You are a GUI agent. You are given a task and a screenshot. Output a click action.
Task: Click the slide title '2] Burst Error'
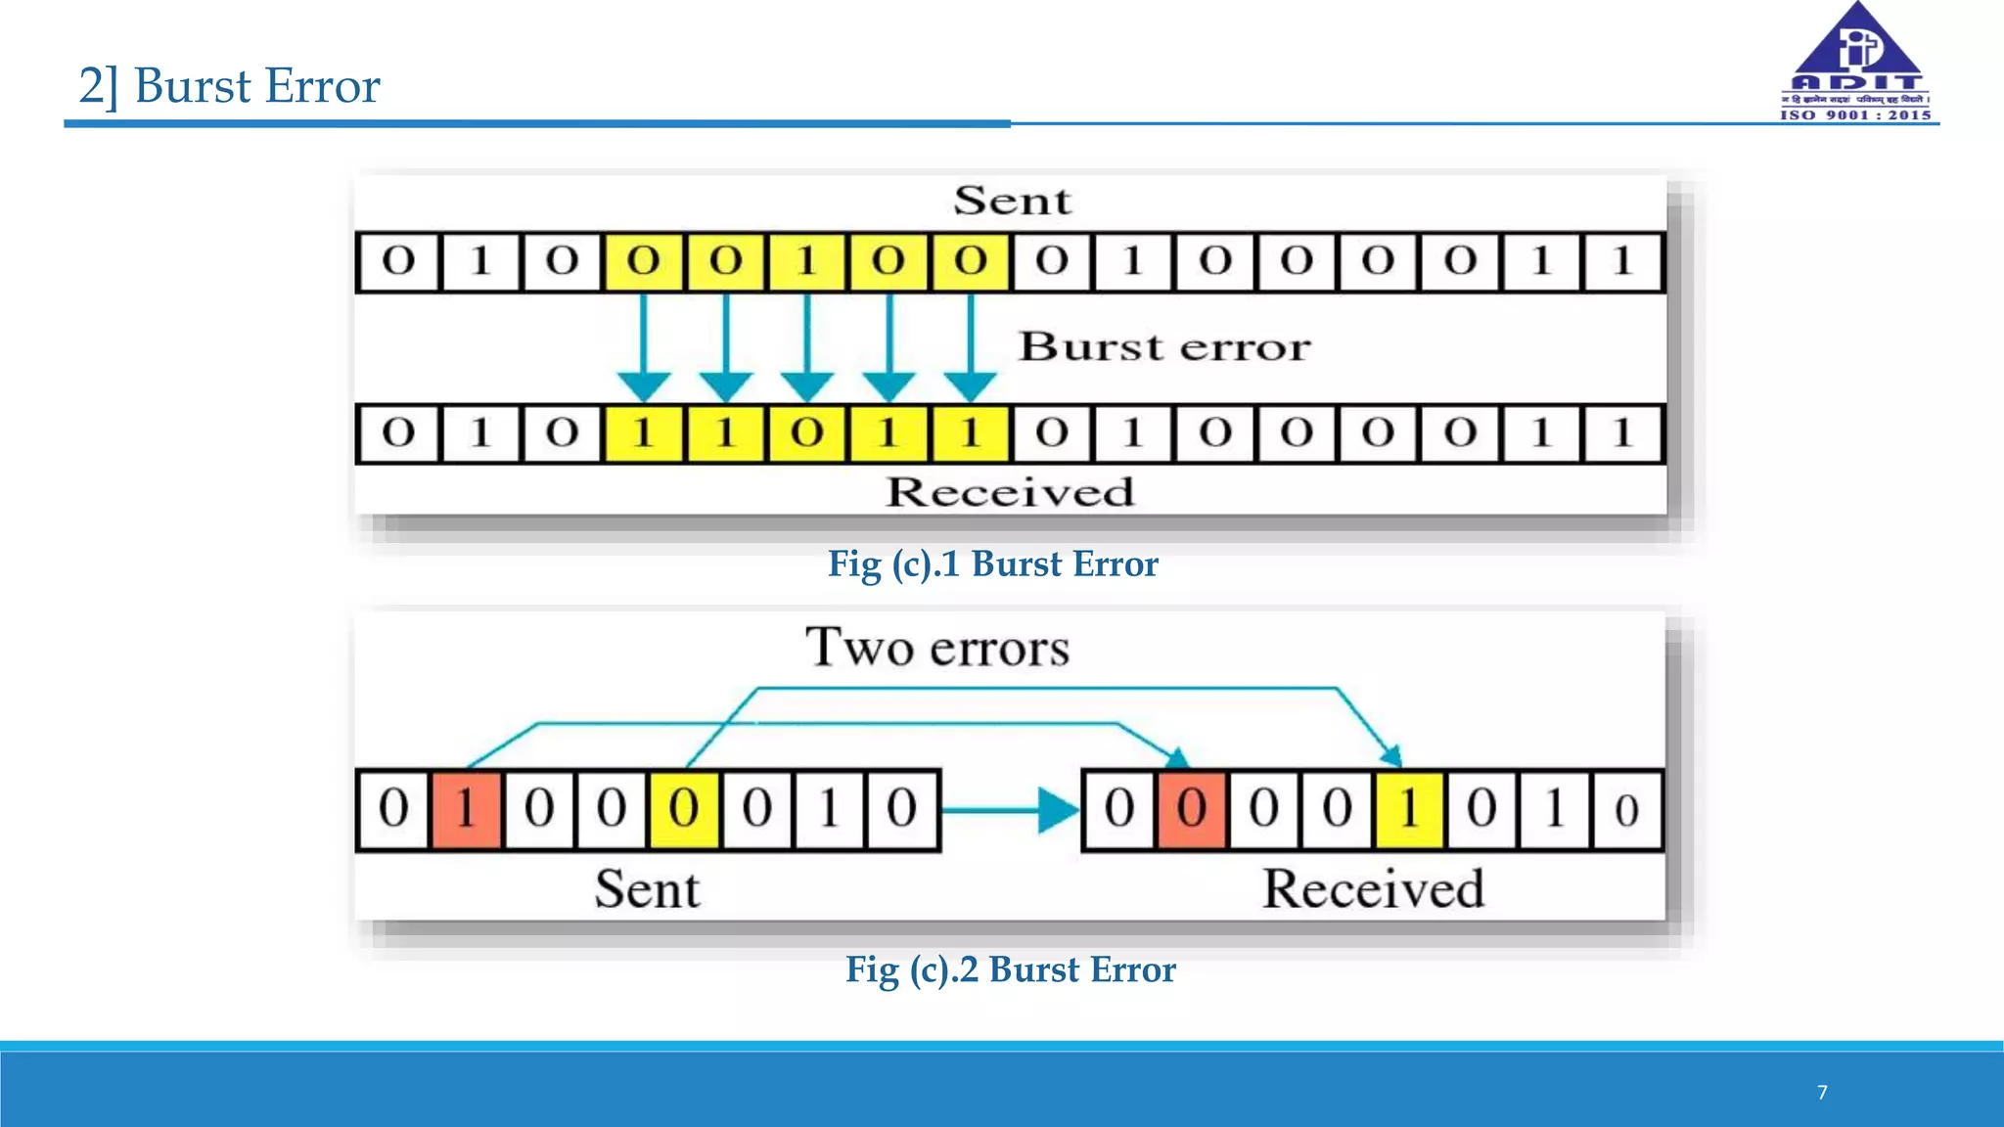pos(229,86)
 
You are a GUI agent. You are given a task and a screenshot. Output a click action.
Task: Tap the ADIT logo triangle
pos(1856,44)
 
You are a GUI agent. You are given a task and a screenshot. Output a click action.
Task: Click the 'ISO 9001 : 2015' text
pos(1855,115)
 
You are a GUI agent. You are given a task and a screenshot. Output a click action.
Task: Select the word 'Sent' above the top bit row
pos(1013,202)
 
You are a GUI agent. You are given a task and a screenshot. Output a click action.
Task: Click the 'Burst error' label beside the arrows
pos(1164,347)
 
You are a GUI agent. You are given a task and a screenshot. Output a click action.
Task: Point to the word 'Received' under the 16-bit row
pos(1010,492)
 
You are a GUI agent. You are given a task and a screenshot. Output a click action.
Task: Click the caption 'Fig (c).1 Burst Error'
pos(992,564)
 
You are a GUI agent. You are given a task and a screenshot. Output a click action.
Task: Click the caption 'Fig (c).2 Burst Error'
pos(1010,969)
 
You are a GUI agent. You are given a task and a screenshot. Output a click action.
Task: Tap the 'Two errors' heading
pos(937,648)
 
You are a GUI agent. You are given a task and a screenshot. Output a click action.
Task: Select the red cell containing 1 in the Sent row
pos(467,809)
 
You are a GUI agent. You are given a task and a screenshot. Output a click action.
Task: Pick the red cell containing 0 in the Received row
pos(1191,809)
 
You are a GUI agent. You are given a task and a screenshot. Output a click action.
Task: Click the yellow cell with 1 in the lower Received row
pos(1409,809)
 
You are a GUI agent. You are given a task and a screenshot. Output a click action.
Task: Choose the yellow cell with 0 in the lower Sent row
pos(683,809)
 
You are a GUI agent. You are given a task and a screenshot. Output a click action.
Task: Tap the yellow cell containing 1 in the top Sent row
pos(806,262)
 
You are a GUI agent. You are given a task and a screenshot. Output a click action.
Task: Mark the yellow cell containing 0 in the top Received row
pos(806,433)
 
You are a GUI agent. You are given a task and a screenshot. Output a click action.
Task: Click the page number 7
pos(1822,1093)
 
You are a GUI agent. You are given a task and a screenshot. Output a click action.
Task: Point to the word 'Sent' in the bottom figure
pos(647,889)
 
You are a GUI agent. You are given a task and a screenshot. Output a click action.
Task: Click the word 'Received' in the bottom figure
pos(1373,889)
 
